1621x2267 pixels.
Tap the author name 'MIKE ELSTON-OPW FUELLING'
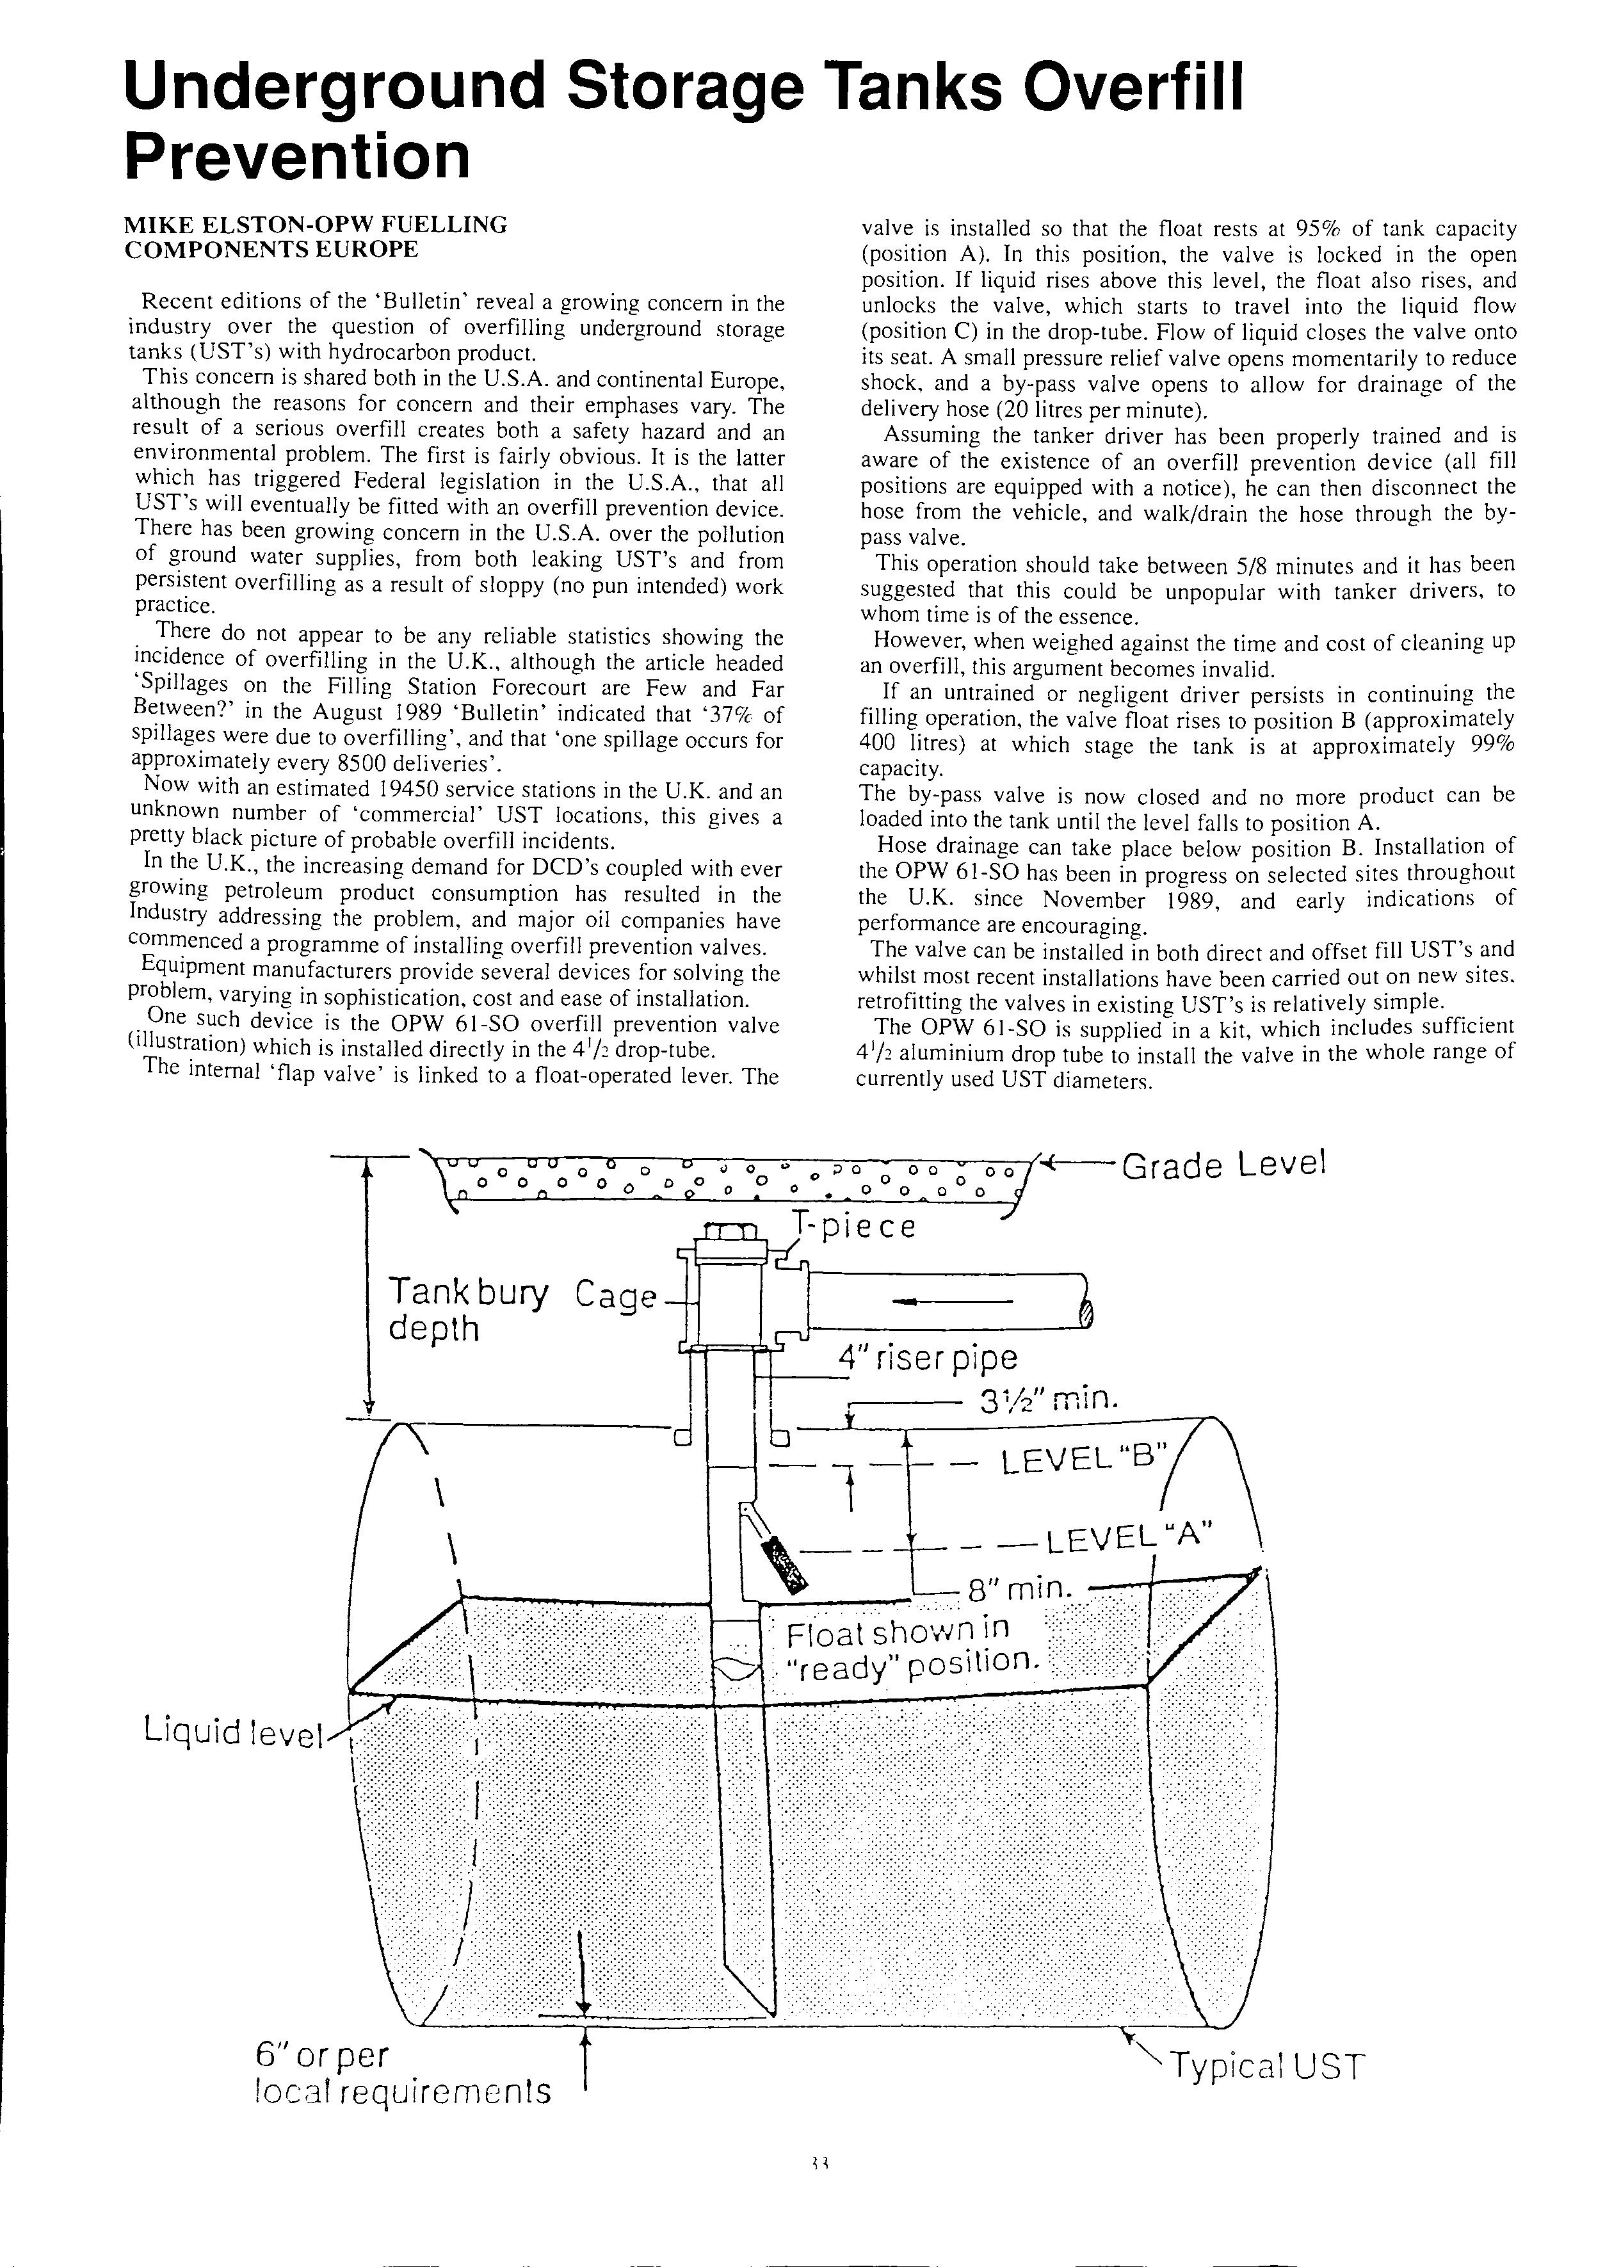tap(316, 225)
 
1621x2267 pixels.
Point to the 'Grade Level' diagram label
tap(1223, 1165)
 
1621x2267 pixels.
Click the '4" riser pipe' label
tap(927, 1358)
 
